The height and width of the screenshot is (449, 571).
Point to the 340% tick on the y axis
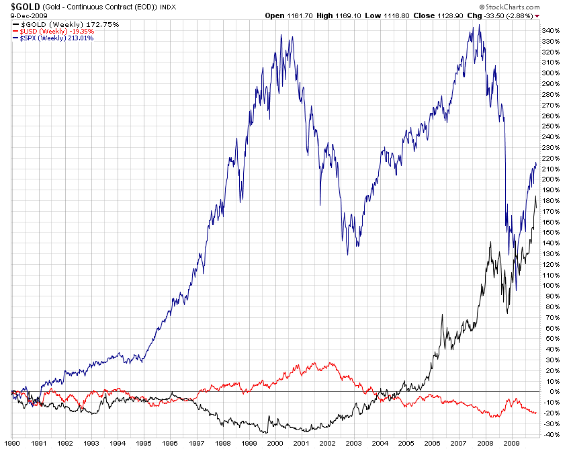(x=551, y=31)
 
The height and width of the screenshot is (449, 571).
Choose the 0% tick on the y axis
(x=547, y=392)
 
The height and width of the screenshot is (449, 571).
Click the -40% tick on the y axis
(x=550, y=434)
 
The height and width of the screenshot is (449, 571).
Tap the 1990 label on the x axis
(x=12, y=443)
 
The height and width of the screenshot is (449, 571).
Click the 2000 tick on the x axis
(x=275, y=443)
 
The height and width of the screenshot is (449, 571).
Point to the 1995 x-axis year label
(x=143, y=443)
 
